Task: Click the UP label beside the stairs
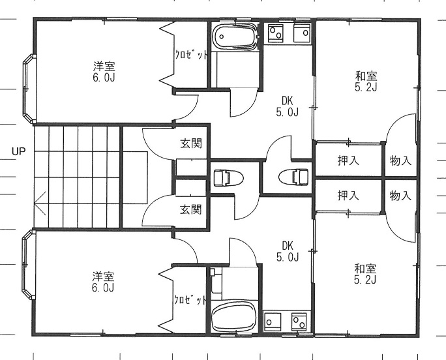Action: coord(18,151)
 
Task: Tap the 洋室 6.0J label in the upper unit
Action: coord(104,72)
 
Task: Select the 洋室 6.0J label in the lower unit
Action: coord(103,282)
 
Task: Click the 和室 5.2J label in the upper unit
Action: coord(366,82)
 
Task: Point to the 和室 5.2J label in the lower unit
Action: coord(365,275)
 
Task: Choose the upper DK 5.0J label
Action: coord(288,106)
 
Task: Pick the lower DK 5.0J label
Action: coord(288,251)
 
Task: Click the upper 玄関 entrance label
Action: coord(191,143)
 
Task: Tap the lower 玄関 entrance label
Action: coord(191,210)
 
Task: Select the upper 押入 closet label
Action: coord(348,160)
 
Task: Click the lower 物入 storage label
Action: coord(400,196)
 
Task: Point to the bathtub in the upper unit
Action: coord(235,36)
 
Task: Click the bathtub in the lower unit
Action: coord(234,316)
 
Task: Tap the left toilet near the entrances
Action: coord(228,178)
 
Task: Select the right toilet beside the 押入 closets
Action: coord(293,177)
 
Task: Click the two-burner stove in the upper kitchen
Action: coord(276,32)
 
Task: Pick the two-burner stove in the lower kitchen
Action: coord(299,321)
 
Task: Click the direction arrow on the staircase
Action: coord(40,203)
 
